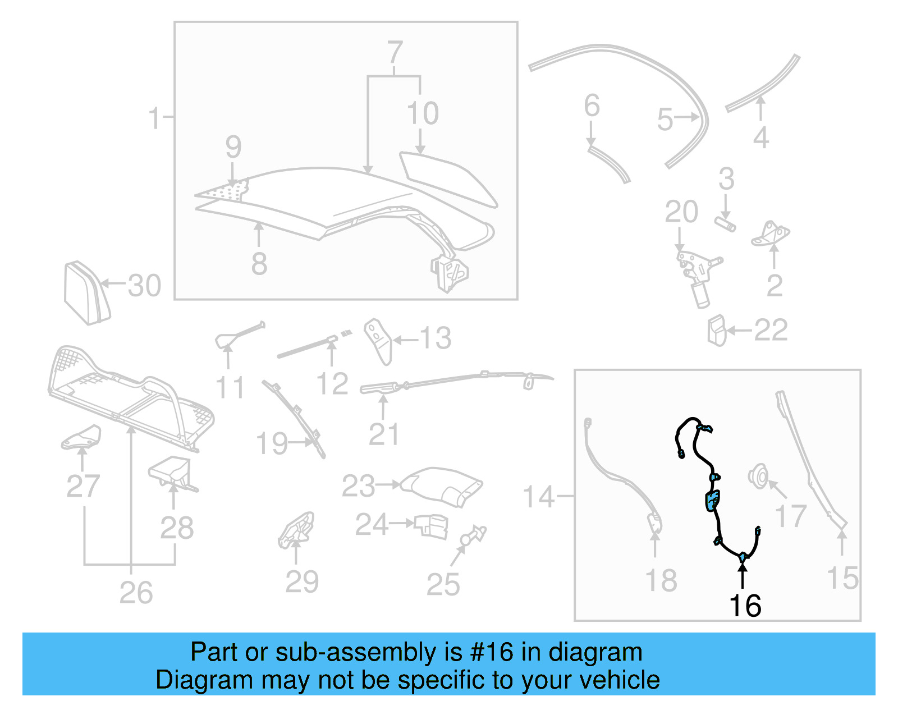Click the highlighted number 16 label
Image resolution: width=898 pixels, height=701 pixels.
pos(745,606)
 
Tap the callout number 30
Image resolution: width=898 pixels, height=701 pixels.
pos(144,286)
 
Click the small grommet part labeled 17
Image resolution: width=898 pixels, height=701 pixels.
pos(759,477)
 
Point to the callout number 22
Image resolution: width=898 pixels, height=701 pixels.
pos(771,330)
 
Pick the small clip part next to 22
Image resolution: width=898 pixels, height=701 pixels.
pos(717,331)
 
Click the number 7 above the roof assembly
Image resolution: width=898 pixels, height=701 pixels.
pos(395,53)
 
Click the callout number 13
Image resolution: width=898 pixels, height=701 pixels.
pos(435,338)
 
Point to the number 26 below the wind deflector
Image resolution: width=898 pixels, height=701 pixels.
pos(136,593)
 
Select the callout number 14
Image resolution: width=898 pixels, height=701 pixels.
pos(538,497)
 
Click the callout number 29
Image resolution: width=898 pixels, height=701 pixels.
pos(302,581)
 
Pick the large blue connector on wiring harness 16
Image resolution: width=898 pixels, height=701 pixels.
pos(712,500)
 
